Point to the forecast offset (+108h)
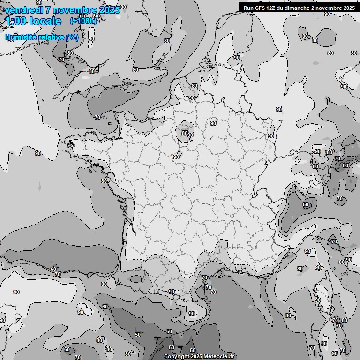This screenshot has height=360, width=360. [x=83, y=21]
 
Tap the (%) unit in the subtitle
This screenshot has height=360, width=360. [x=72, y=37]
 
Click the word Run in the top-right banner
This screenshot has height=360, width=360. [x=248, y=8]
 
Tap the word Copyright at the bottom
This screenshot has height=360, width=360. [x=176, y=356]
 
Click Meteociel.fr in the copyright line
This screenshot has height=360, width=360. [x=218, y=356]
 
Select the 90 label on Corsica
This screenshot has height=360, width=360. [x=317, y=300]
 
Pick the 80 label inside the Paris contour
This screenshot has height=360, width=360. [x=185, y=133]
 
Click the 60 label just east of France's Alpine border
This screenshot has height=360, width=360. [x=306, y=205]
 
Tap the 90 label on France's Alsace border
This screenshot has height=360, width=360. [x=271, y=136]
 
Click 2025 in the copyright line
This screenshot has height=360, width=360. [x=196, y=356]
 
